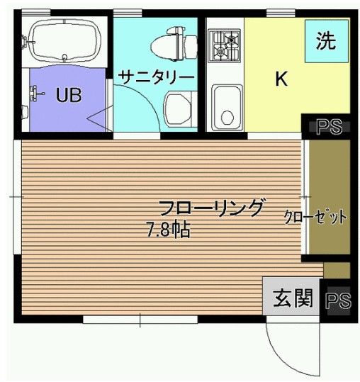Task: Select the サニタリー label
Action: point(156,77)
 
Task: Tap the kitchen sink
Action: point(227,106)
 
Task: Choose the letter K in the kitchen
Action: point(281,78)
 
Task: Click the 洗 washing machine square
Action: point(327,41)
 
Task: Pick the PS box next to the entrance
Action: point(338,299)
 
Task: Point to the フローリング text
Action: point(211,208)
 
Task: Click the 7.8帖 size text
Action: point(168,230)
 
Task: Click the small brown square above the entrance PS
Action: point(337,271)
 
